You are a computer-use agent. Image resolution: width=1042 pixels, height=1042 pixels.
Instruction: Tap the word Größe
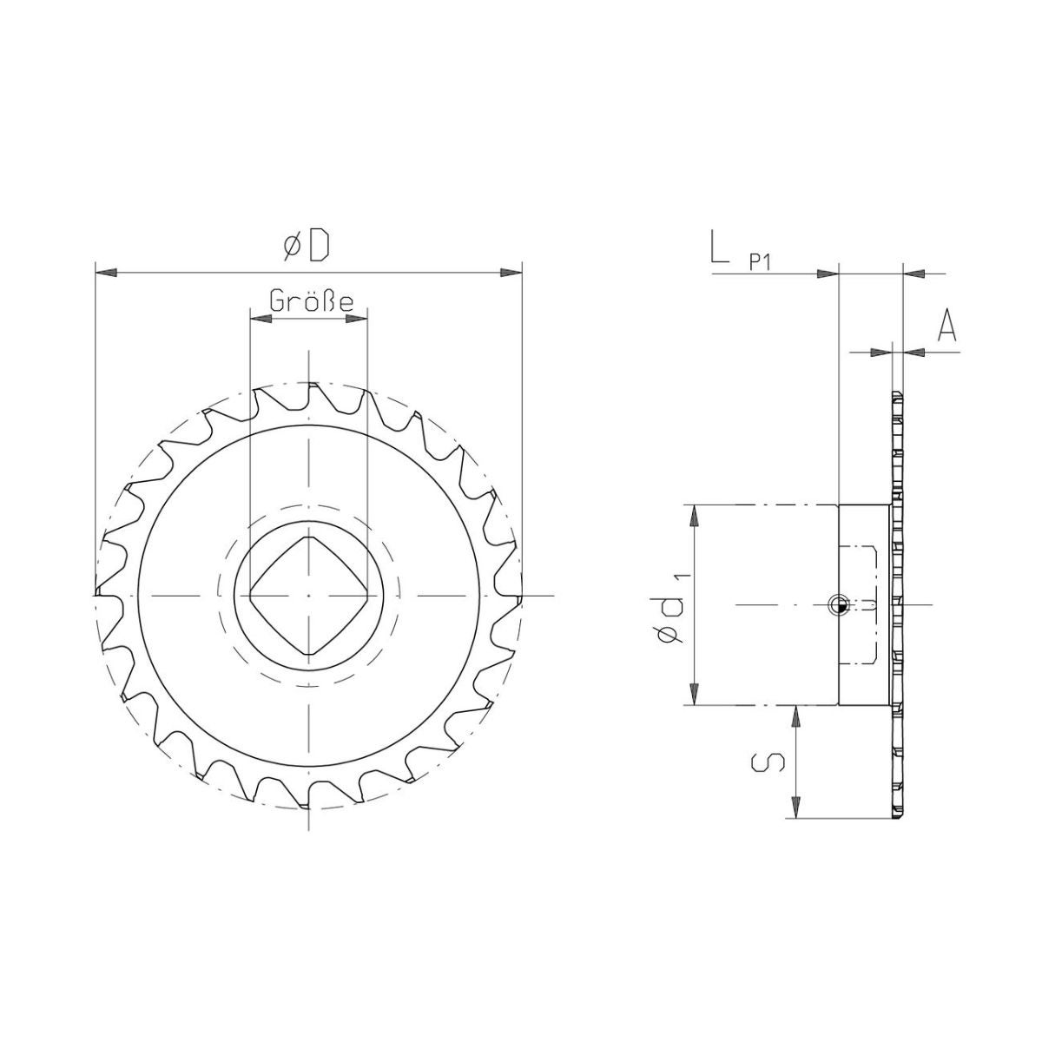point(312,301)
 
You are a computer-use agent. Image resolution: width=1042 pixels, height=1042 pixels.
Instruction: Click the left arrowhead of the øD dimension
point(106,273)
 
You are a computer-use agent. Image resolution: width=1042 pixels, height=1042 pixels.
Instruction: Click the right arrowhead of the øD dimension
point(511,273)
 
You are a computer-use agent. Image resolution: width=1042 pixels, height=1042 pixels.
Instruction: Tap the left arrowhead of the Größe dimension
point(260,319)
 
